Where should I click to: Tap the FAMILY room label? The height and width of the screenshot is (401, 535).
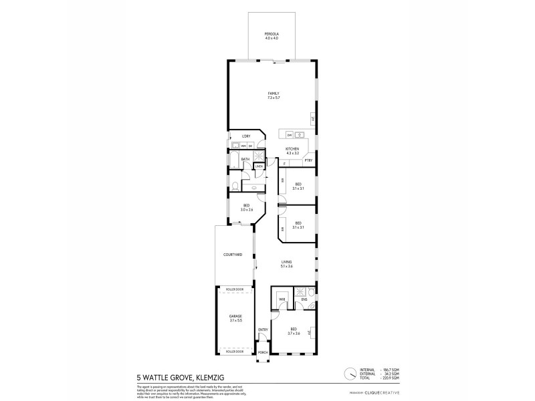coord(273,93)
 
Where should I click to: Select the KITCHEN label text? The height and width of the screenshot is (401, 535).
coord(292,149)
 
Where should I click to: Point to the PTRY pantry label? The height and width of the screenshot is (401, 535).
coord(308,161)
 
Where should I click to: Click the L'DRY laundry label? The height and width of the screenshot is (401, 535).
coord(246,136)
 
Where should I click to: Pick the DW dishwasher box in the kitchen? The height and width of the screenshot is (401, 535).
coord(290,135)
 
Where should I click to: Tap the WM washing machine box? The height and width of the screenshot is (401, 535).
coord(243,145)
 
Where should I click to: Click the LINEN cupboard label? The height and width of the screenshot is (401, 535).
coord(258,166)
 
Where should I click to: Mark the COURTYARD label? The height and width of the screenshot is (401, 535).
coord(233,255)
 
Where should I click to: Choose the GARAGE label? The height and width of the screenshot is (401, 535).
coord(235,315)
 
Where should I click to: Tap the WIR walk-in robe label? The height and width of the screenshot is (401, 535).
coord(282,299)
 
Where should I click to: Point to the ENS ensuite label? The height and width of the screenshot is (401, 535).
coord(304,299)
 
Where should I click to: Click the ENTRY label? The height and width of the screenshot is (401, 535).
coord(263,329)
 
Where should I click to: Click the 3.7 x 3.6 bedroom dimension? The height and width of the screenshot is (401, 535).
coord(294,333)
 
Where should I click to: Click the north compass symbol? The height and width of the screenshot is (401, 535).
coord(350,374)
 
